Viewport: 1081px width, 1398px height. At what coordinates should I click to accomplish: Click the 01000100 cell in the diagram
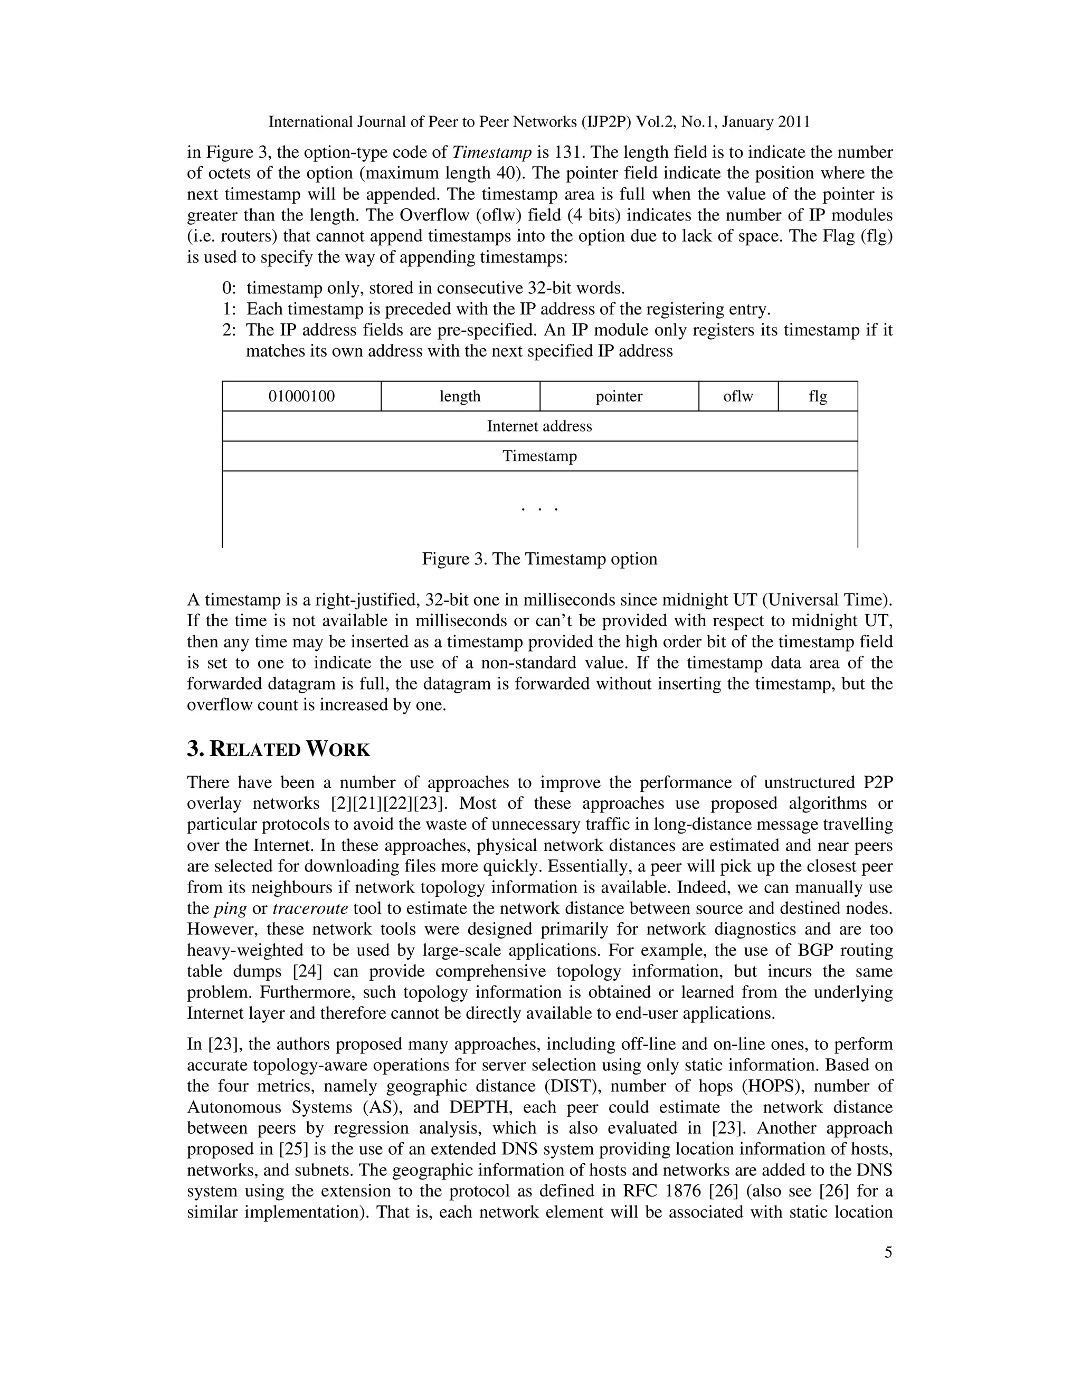click(301, 396)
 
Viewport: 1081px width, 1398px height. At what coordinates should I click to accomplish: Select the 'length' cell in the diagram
click(460, 396)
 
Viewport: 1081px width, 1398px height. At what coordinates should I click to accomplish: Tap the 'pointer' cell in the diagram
click(619, 396)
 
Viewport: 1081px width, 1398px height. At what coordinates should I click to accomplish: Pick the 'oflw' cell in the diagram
click(738, 396)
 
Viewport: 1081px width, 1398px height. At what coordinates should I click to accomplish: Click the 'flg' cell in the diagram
click(818, 396)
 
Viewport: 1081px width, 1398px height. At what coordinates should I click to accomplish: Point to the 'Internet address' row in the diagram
click(539, 426)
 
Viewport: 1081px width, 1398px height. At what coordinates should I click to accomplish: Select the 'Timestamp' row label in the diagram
click(539, 456)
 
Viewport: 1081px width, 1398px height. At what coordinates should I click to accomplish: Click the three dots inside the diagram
click(539, 510)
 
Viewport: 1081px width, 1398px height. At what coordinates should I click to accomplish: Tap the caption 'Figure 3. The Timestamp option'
click(539, 559)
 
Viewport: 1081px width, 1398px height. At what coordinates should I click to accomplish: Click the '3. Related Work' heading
click(278, 749)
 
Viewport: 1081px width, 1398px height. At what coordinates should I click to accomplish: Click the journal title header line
click(539, 122)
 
